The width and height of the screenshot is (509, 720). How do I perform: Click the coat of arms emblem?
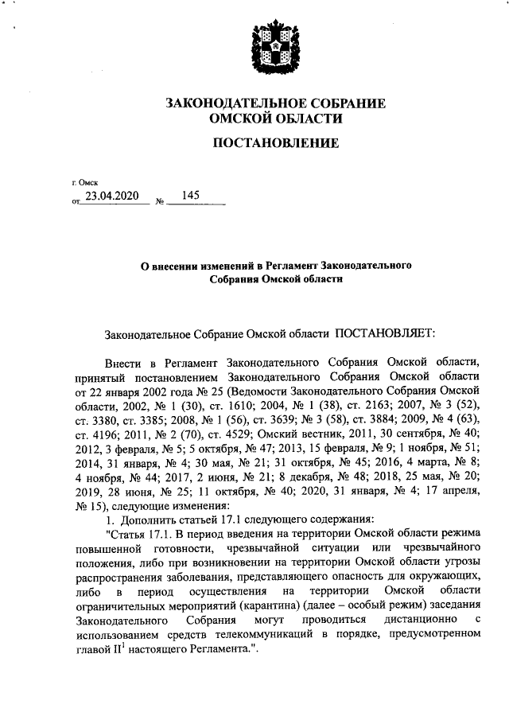coord(274,49)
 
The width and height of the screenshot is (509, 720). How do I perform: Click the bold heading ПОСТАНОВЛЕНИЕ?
coord(274,143)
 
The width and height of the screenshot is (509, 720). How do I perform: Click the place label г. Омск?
coord(84,183)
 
